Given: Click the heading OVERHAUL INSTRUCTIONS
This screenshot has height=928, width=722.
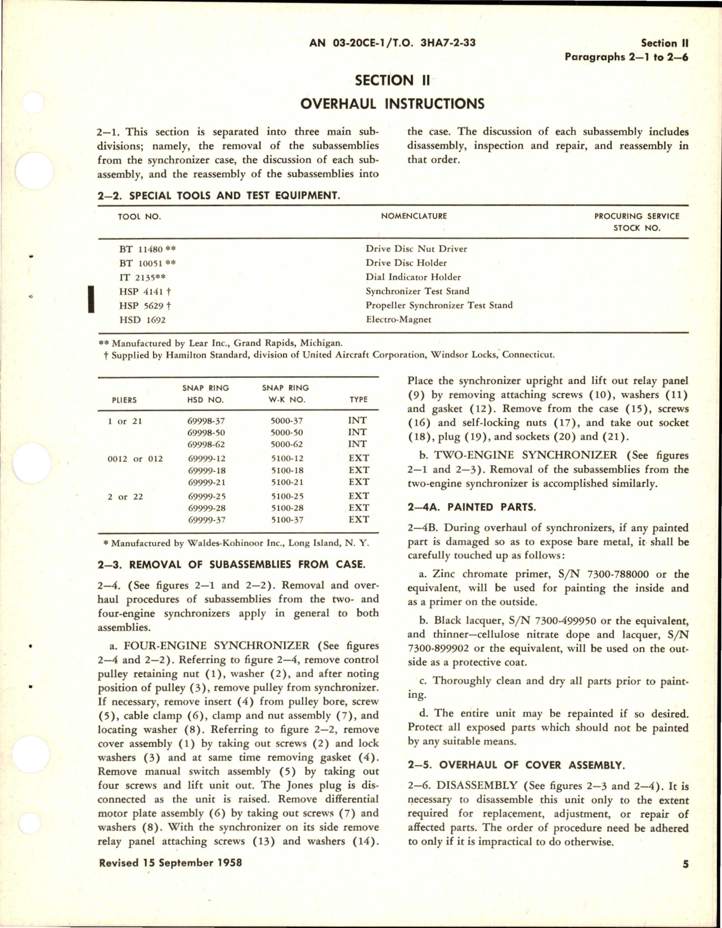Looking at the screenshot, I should click(392, 104).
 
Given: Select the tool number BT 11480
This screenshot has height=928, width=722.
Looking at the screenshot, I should click(141, 248).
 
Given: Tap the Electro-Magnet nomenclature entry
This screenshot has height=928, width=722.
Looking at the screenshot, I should click(398, 319).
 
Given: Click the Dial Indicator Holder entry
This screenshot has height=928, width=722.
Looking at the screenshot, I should click(413, 277).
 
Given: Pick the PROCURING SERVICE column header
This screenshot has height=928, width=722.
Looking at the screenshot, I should click(636, 216).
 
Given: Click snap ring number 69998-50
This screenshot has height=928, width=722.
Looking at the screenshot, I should click(206, 432).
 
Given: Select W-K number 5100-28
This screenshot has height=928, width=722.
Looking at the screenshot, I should click(287, 508).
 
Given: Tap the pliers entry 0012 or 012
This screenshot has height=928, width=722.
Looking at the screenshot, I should click(135, 459).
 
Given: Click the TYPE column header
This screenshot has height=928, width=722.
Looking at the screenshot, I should click(358, 399).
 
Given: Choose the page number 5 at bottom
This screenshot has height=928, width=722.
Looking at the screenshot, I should click(685, 864).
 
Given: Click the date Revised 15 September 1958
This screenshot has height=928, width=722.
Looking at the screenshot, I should click(171, 862).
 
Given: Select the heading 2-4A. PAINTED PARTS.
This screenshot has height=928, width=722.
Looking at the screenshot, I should click(472, 507).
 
